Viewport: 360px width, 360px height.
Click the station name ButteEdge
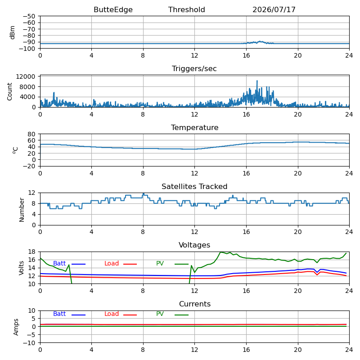[x=113, y=9]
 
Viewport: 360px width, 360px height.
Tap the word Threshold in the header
[x=186, y=9]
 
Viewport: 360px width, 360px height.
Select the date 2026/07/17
[x=274, y=9]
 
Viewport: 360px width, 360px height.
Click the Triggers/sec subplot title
[x=194, y=69]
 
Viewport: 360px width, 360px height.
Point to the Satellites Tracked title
[x=194, y=186]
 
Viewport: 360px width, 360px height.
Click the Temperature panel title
[x=194, y=127]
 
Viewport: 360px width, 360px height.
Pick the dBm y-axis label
[x=13, y=32]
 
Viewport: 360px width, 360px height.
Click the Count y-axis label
[x=9, y=92]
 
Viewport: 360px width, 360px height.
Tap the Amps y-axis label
[x=16, y=327]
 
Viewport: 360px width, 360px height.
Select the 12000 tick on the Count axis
[x=26, y=76]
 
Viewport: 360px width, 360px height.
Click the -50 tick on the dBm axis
[x=29, y=16]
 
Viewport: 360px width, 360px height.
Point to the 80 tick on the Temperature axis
[x=31, y=134]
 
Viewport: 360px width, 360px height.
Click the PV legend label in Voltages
[x=160, y=263]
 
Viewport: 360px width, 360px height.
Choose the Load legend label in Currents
[x=111, y=314]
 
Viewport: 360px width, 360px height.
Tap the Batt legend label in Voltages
[x=59, y=263]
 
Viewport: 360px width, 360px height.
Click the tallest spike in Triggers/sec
[x=257, y=81]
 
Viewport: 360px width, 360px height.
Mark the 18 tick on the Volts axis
[x=31, y=252]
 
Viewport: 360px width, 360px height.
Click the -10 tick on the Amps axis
[x=29, y=343]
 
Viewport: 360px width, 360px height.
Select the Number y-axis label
[x=22, y=210]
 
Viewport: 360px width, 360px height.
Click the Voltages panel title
[x=194, y=245]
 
